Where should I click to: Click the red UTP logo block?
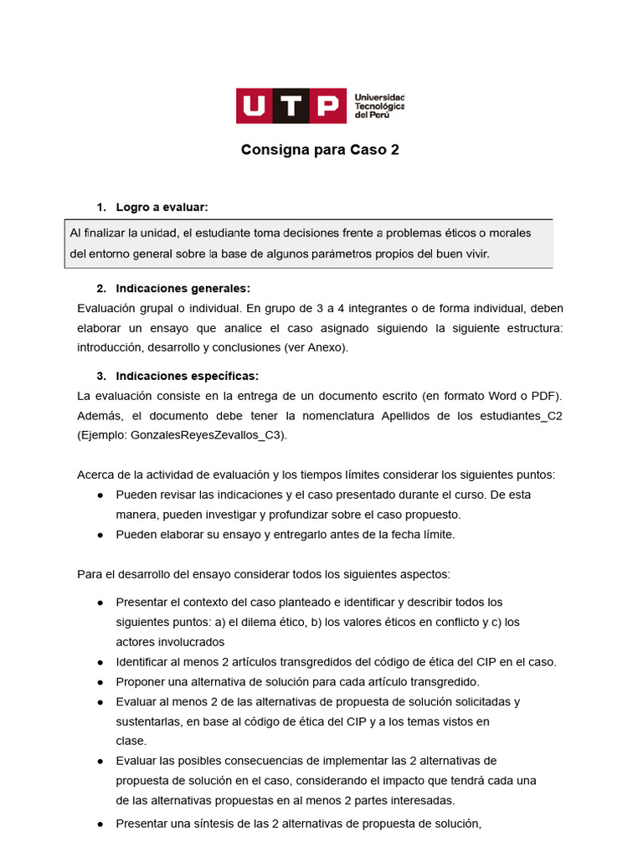coord(291,106)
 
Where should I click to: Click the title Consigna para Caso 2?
coord(314,151)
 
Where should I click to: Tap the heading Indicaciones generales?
coord(183,289)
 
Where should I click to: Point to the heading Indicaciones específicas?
coord(188,376)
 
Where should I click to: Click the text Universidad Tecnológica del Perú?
coord(380,106)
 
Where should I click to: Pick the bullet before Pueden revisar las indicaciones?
coord(100,495)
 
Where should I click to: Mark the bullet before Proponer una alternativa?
coord(100,681)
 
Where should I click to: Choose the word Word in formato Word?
coord(491,396)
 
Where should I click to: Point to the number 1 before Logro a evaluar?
coord(100,207)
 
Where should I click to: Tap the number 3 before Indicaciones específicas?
coord(100,376)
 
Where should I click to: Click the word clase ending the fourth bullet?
coord(131,741)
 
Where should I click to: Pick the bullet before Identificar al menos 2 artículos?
coord(100,662)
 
